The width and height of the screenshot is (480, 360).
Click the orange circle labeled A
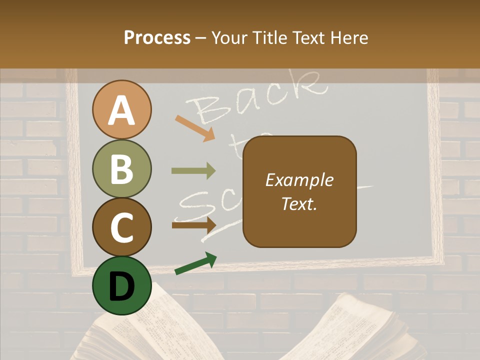tap(122, 109)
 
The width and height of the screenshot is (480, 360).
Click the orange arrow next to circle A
tap(195, 127)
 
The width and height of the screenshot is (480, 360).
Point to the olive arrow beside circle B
tap(193, 171)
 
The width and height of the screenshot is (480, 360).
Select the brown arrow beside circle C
tap(193, 225)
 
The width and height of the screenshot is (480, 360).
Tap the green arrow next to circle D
tap(195, 263)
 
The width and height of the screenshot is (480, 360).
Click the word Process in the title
tap(157, 38)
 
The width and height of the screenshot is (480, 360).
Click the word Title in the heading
tap(271, 38)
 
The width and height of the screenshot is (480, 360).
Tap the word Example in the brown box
tap(299, 180)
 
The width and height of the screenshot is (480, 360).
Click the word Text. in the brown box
tap(299, 203)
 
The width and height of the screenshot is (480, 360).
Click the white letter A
tap(122, 110)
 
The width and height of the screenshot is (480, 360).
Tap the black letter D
tap(122, 286)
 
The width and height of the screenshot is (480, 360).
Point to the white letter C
tap(122, 227)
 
